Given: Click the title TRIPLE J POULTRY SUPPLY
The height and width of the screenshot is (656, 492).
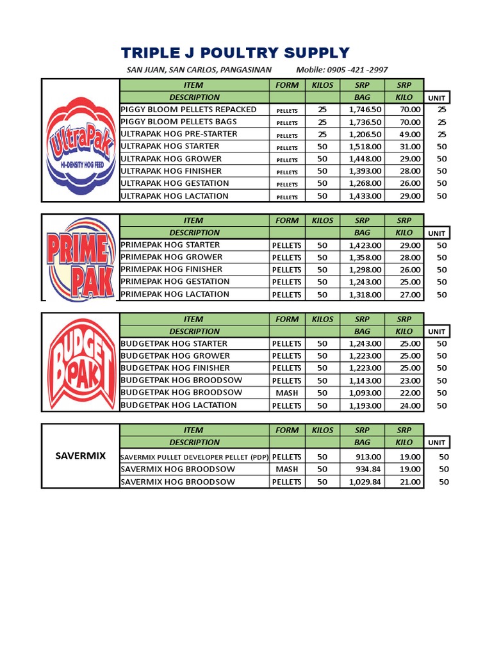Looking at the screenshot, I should pyautogui.click(x=236, y=53).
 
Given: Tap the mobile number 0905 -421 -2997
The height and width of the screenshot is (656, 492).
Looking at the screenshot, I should pyautogui.click(x=357, y=70).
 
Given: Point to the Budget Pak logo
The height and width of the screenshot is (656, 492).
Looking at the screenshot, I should pyautogui.click(x=81, y=363).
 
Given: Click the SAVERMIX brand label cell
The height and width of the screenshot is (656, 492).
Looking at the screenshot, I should pyautogui.click(x=80, y=455).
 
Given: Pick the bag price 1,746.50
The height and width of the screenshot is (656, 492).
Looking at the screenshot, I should pyautogui.click(x=365, y=110).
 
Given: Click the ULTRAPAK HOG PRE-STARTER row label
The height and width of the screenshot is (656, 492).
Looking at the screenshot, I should pyautogui.click(x=179, y=134).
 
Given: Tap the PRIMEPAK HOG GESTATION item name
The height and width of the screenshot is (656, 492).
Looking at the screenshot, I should pyautogui.click(x=175, y=282).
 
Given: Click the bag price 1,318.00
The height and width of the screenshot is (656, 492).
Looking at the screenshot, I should pyautogui.click(x=365, y=295).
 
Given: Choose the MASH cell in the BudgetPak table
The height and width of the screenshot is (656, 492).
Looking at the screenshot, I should pyautogui.click(x=286, y=393).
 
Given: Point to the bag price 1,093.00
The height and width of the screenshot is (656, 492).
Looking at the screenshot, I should pyautogui.click(x=365, y=393).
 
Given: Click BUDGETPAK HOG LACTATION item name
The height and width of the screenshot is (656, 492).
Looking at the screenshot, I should pyautogui.click(x=179, y=406).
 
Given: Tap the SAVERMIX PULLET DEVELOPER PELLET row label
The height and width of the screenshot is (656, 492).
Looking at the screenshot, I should pyautogui.click(x=195, y=457).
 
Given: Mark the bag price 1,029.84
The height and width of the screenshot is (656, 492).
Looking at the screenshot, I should pyautogui.click(x=365, y=482).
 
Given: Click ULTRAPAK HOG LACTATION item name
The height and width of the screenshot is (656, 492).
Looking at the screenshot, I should pyautogui.click(x=174, y=196).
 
